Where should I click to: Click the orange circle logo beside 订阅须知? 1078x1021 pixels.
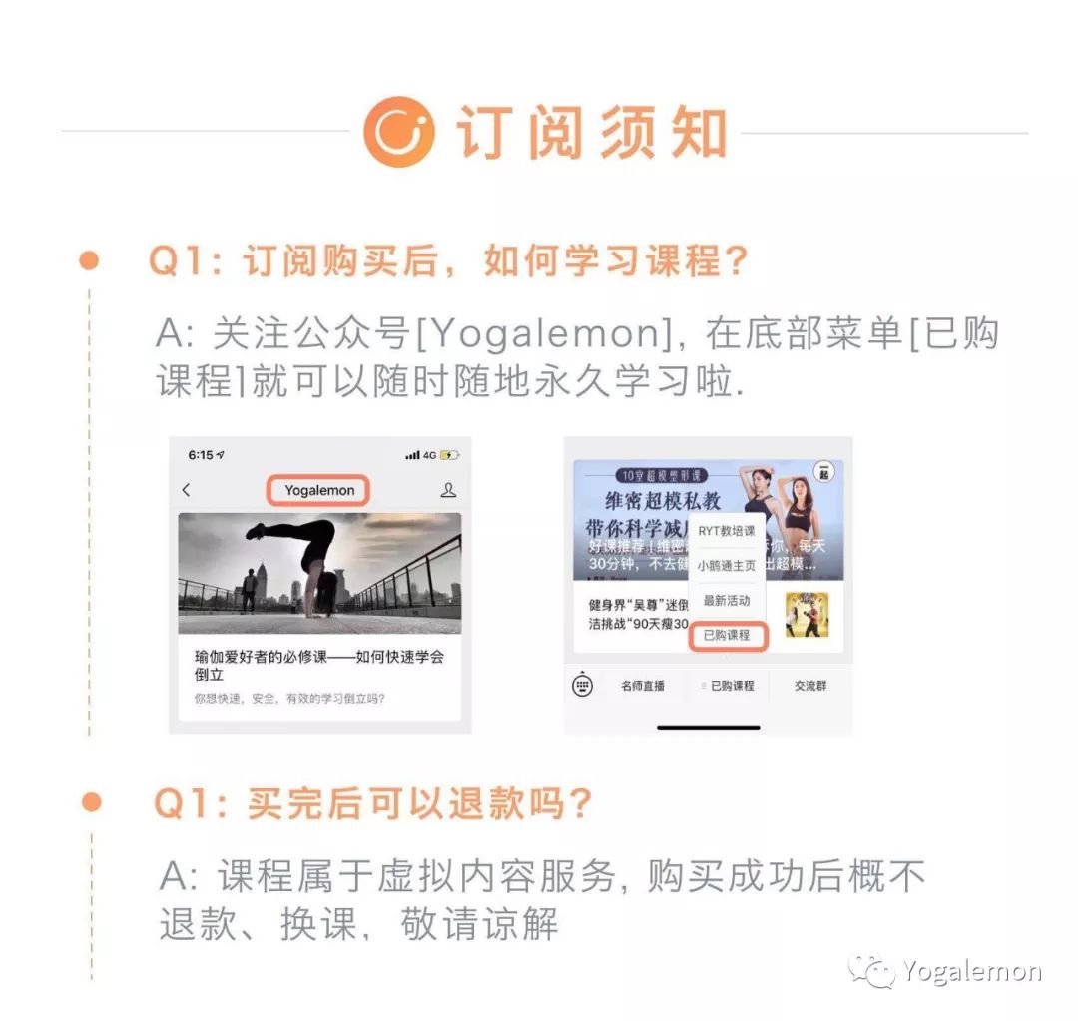398,131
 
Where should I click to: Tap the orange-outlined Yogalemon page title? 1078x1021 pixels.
319,490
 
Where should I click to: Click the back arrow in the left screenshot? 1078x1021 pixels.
187,490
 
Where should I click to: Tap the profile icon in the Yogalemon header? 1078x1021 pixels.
448,490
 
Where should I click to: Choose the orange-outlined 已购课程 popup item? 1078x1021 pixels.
727,635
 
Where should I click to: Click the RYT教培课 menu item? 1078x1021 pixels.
727,531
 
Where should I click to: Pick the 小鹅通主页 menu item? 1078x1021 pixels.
727,566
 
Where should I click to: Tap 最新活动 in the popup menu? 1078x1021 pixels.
727,601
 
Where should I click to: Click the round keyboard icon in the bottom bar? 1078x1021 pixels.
583,686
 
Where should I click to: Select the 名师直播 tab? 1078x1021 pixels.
643,686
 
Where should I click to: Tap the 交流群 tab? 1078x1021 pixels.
810,686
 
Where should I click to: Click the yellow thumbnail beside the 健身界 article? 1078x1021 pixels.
807,615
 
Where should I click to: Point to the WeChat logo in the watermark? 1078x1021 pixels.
871,970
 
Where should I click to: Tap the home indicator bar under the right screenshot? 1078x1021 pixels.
708,727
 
